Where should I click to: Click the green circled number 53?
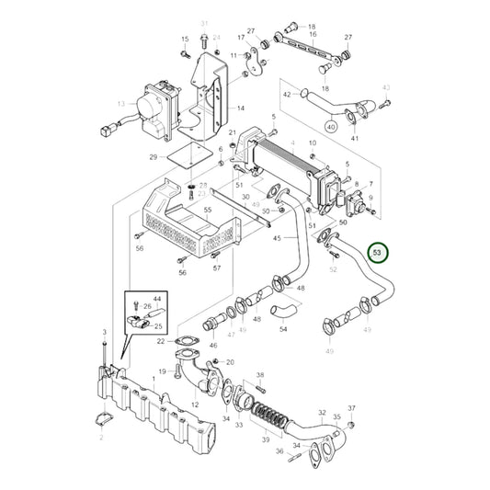pos(377,251)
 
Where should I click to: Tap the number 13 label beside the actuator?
pos(120,105)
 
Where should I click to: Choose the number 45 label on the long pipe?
pos(278,241)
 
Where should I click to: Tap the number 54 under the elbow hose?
pos(283,328)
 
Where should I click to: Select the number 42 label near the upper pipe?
pos(287,95)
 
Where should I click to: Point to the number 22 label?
pos(160,341)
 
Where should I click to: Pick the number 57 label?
pos(217,268)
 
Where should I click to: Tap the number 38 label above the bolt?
pos(260,375)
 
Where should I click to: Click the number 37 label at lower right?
pos(351,407)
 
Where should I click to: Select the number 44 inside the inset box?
pos(157,299)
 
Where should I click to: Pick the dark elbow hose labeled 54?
pos(283,306)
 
